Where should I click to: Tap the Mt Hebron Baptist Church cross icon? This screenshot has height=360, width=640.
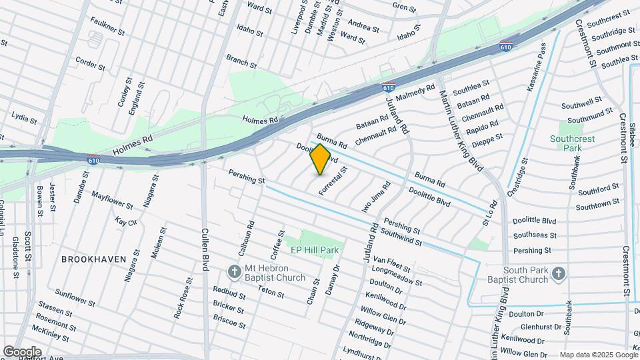coord(234,272)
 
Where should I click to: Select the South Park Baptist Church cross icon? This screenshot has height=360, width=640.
coord(559,272)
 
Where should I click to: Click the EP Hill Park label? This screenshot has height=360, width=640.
coord(315,250)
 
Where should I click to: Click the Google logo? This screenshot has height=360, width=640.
coord(22,351)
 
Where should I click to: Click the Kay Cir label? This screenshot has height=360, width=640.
coord(125,221)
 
